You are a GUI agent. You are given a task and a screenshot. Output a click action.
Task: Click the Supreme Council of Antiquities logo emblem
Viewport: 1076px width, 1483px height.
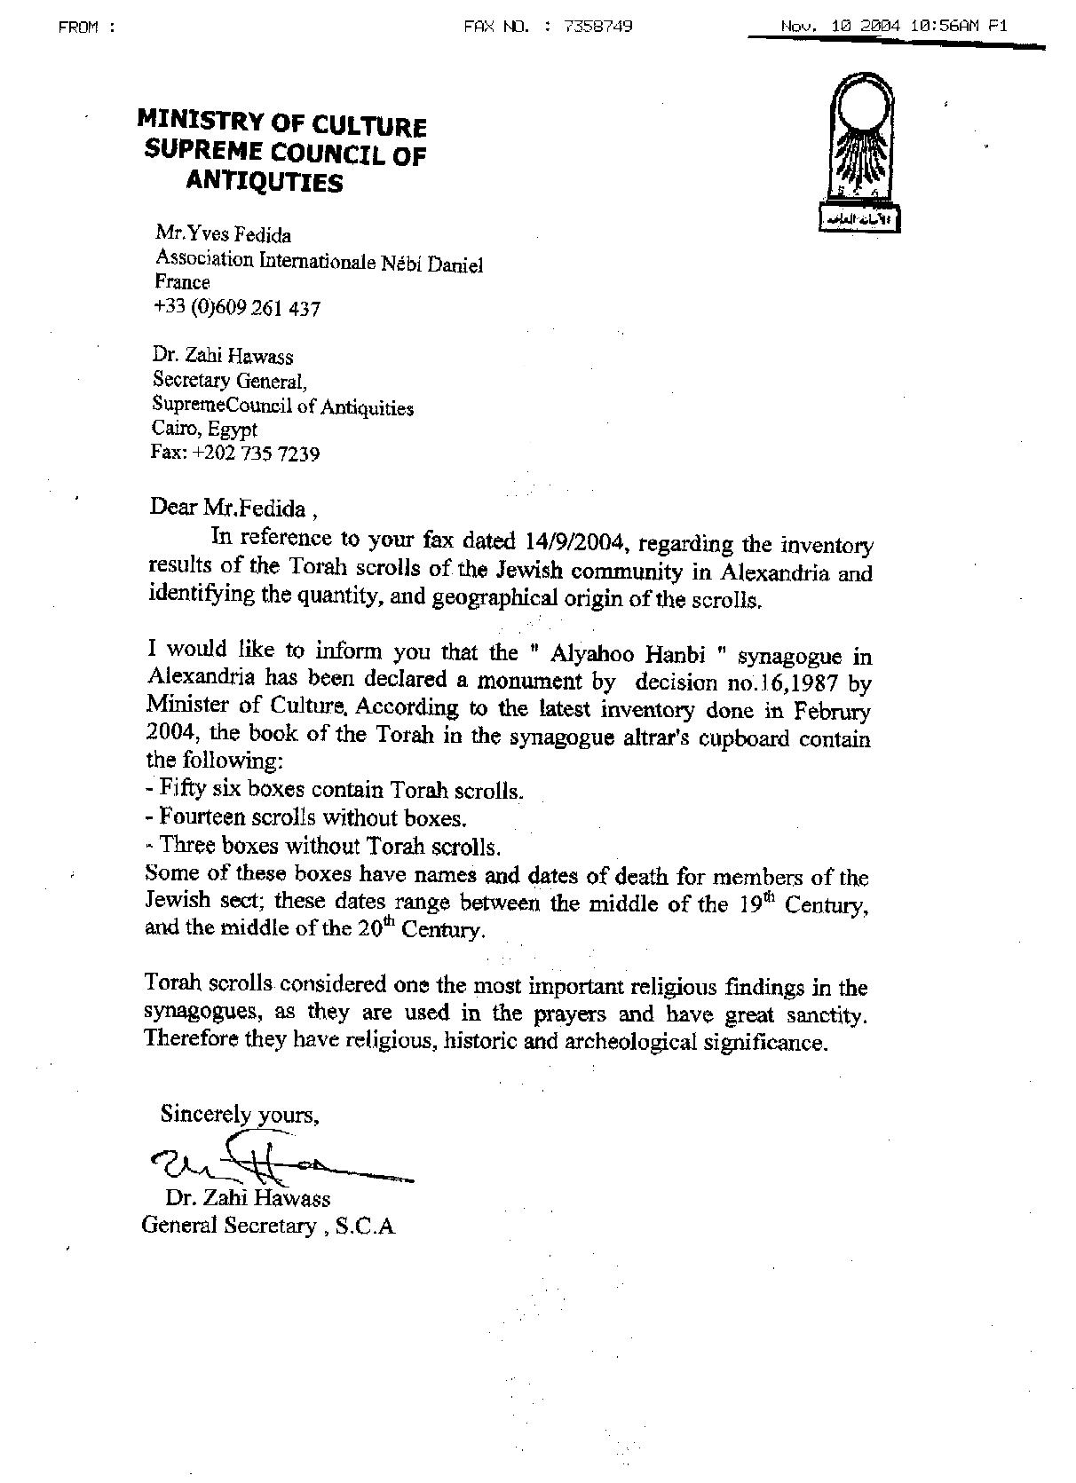pos(858,153)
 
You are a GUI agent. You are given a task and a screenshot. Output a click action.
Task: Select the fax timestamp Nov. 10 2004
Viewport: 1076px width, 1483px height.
pos(840,27)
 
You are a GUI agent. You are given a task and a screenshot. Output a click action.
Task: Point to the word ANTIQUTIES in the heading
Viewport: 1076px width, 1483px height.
pos(264,182)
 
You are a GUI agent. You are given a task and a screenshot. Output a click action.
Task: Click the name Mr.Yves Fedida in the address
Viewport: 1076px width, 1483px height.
pos(224,235)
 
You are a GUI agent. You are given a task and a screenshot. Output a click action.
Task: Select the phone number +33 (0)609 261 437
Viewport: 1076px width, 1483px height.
pos(237,309)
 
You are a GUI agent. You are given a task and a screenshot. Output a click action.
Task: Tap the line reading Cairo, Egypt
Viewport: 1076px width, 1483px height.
pos(205,430)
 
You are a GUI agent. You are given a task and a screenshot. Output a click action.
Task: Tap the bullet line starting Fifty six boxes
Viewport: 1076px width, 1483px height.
pos(335,789)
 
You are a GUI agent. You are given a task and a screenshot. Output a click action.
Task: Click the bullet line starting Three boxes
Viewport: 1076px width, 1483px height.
pos(323,845)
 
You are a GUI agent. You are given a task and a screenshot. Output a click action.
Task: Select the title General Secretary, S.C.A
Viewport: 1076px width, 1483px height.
pos(268,1227)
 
